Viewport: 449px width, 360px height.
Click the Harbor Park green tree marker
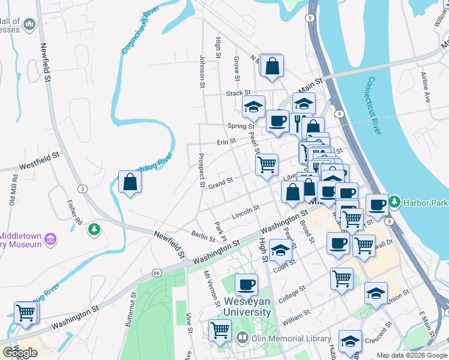click(394, 201)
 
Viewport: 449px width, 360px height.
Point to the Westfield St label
click(40, 159)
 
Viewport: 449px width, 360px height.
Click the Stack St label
click(238, 94)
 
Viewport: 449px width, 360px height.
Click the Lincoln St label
click(245, 211)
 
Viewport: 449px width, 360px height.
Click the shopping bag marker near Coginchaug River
click(130, 181)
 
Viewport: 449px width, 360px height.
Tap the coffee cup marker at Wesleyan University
click(246, 284)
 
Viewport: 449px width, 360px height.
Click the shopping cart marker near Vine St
click(220, 329)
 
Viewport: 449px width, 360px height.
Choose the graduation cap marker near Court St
click(280, 250)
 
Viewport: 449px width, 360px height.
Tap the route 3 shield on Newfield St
click(83, 189)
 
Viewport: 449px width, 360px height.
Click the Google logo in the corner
click(20, 353)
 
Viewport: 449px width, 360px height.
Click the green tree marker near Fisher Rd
click(94, 229)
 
